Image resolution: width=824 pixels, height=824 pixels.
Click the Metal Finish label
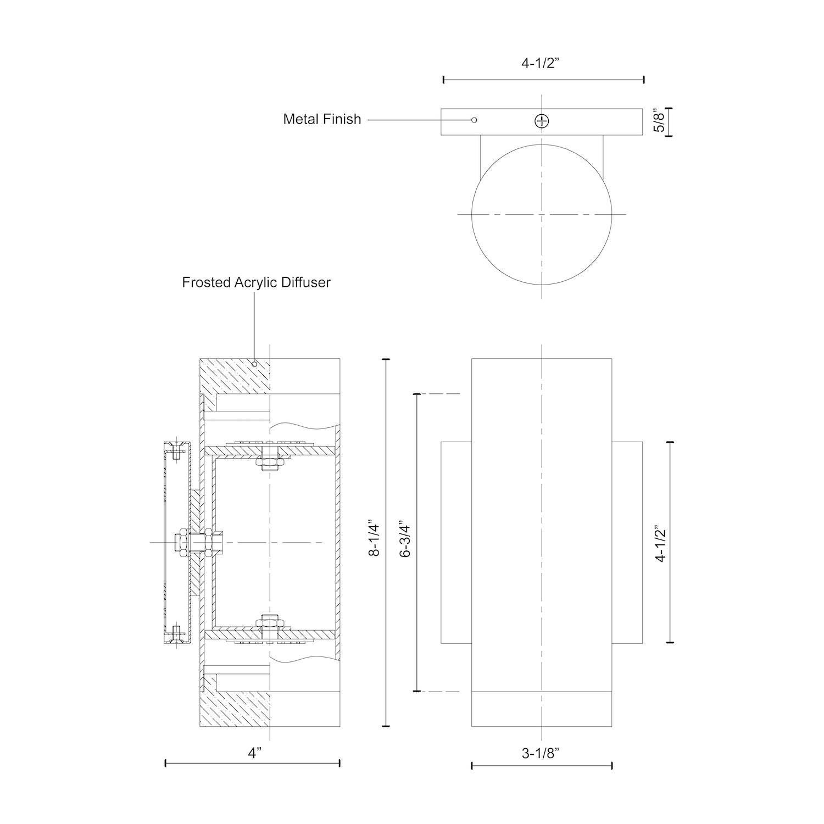pos(322,119)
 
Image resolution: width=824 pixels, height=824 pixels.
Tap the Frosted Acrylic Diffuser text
pos(256,282)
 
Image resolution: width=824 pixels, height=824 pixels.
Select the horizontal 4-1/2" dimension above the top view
pos(543,63)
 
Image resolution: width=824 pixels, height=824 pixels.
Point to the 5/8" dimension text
pos(661,122)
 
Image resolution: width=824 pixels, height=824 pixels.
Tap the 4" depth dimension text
pos(253,753)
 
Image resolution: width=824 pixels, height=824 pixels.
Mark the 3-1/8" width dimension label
pos(541,754)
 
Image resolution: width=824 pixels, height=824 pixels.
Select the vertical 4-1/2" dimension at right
pos(660,542)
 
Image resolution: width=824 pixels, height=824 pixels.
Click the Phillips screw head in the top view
pos(542,121)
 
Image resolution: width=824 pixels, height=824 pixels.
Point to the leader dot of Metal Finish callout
pos(475,120)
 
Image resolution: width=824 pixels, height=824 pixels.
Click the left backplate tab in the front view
pos(456,542)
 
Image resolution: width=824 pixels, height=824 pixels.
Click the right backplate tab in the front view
pos(627,542)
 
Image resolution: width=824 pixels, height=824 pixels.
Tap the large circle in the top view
pos(542,214)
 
